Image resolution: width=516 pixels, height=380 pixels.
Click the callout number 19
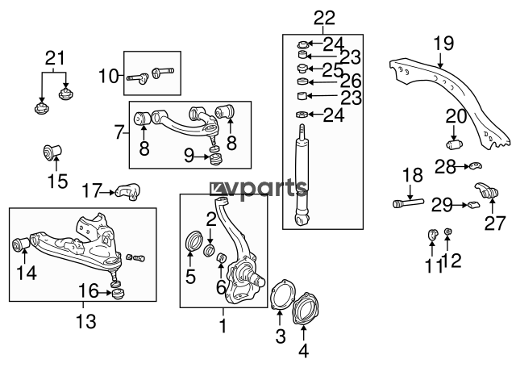coord(443,43)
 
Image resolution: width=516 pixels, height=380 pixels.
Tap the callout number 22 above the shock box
coord(324,18)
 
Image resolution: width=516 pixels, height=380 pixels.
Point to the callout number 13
coord(86,321)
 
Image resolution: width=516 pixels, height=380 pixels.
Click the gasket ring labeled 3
coord(282,294)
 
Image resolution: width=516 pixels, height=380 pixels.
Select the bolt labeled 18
coord(408,203)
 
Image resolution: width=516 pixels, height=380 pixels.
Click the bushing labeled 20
coord(455,144)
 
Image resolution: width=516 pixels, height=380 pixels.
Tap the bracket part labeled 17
coord(128,191)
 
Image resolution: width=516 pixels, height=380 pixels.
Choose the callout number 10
coord(109,76)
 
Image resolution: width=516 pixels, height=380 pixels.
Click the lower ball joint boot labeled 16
coord(118,293)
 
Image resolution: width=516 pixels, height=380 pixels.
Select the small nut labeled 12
coord(447,232)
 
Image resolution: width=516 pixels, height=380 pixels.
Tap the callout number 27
coord(494,223)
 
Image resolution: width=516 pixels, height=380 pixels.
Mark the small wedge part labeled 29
coord(473,205)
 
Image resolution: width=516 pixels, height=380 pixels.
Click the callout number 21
coord(56,58)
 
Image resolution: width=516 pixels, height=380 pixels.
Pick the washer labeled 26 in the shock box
coord(302,81)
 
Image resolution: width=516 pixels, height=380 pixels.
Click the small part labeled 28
coord(475,165)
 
